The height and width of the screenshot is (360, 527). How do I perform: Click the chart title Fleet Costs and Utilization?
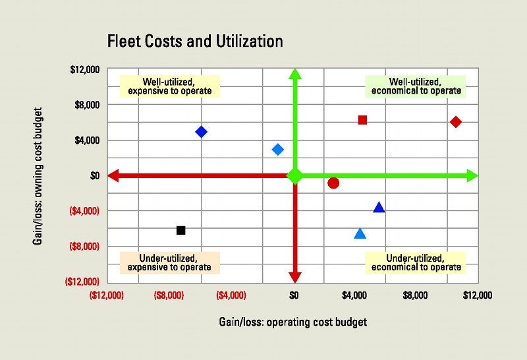pos(195,42)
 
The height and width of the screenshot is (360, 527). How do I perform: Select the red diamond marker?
pos(456,122)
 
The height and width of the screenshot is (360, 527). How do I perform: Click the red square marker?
pos(362,120)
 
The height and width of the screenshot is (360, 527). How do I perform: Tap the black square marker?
pos(181,230)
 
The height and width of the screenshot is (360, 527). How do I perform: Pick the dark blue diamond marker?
pos(202,132)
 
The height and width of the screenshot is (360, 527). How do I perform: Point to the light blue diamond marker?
pos(278,150)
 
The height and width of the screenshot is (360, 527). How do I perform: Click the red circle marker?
pos(333,183)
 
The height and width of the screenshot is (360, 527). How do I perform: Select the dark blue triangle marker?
pos(379,208)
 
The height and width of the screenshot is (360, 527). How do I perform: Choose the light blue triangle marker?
pos(360,233)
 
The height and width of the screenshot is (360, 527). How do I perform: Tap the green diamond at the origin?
pos(295,176)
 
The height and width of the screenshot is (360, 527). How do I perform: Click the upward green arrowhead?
pos(295,75)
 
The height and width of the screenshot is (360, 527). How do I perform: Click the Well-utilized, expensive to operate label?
pos(169,86)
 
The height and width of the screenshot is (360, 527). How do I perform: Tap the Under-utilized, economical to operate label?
pos(416,262)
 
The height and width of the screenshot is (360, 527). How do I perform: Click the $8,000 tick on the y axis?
pos(85,105)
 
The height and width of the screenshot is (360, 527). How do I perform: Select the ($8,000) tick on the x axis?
pos(169,296)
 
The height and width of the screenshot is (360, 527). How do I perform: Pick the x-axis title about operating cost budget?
pos(292,322)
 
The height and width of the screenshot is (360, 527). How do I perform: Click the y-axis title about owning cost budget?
pos(38,175)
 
